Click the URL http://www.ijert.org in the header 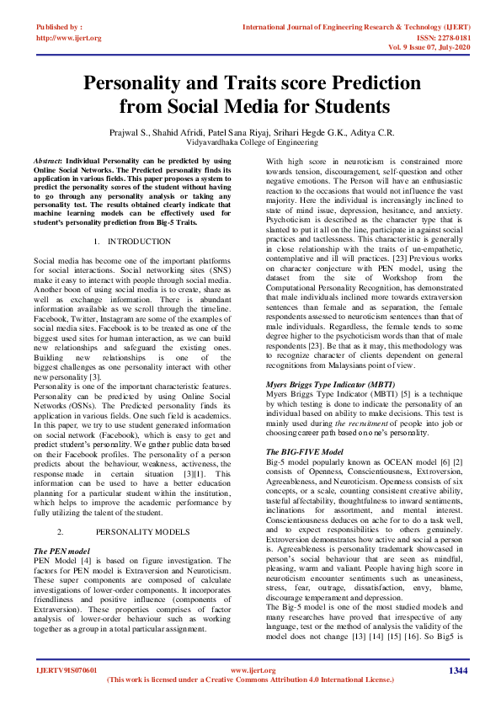pos(68,38)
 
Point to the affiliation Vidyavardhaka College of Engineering pos(251,145)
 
